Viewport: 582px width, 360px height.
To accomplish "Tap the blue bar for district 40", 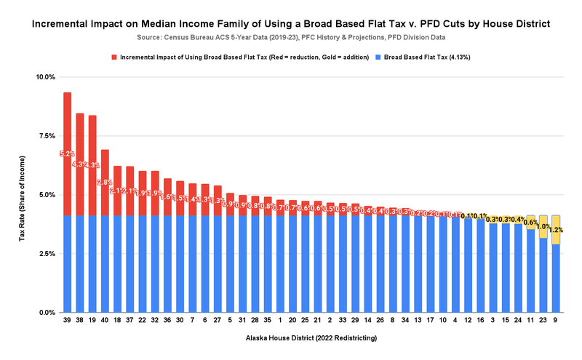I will (105, 262).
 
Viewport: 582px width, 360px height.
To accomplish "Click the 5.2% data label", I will (67, 153).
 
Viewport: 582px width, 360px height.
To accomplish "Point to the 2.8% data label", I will (105, 183).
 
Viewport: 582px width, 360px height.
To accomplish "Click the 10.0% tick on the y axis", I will (45, 77).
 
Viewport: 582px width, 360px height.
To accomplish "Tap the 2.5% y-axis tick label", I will (47, 254).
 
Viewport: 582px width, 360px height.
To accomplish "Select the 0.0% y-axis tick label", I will (47, 313).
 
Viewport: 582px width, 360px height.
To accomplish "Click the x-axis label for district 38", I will (79, 320).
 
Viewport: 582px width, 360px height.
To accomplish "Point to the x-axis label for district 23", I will (543, 320).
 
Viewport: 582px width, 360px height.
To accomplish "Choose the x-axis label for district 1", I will (280, 320).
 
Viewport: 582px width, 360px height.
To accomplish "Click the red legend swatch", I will (113, 57).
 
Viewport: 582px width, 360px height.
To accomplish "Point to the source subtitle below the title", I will (291, 37).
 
